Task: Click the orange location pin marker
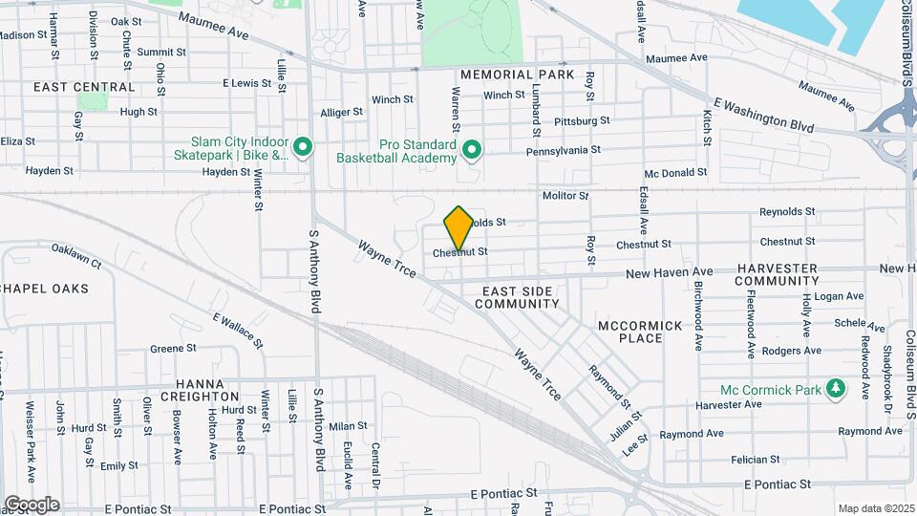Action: [459, 227]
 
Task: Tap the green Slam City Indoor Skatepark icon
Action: [303, 147]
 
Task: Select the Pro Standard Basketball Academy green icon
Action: [471, 150]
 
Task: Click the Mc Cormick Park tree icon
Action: [837, 388]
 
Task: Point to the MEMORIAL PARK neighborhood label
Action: [517, 75]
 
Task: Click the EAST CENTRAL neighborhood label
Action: [71, 87]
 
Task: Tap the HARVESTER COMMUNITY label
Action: [777, 274]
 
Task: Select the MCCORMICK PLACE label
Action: [641, 332]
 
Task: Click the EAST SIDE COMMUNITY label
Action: [521, 297]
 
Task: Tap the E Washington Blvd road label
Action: [764, 115]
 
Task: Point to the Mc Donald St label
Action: [675, 173]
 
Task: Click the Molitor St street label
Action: [565, 196]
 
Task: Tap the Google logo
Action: [32, 505]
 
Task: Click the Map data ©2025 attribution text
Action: [875, 508]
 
